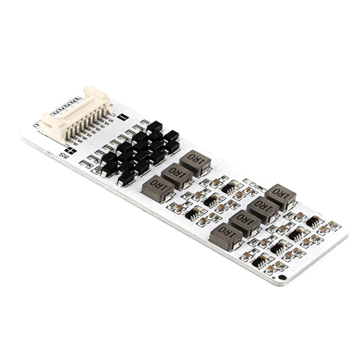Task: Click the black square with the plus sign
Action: [x=69, y=151]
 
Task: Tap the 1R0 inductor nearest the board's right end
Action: [x=280, y=196]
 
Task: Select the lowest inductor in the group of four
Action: [x=226, y=236]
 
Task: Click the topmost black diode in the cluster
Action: [x=154, y=126]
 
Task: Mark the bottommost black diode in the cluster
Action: [x=126, y=178]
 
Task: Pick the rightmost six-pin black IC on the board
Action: [x=313, y=221]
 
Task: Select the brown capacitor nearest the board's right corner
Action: [x=333, y=225]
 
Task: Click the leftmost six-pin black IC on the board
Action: [x=193, y=214]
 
